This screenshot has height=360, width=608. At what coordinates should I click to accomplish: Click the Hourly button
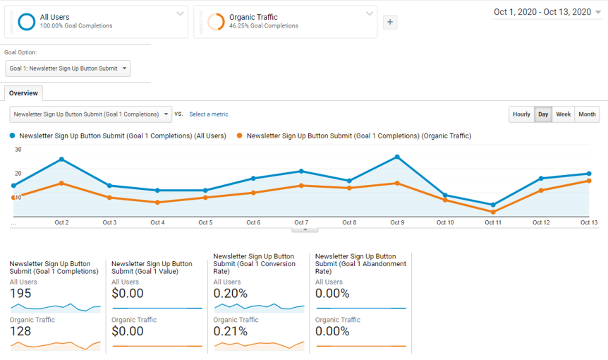[521, 114]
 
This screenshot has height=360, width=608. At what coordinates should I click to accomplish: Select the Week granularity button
[563, 114]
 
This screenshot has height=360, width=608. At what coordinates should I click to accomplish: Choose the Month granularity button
[587, 114]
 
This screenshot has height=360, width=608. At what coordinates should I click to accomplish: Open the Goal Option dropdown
[68, 68]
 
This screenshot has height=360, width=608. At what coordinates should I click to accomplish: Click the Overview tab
[23, 93]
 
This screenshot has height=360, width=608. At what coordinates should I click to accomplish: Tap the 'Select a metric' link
[208, 114]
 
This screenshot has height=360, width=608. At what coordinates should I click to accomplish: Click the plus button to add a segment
[390, 22]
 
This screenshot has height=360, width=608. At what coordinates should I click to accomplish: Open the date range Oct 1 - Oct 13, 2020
[547, 12]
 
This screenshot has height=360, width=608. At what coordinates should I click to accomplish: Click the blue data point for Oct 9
[397, 157]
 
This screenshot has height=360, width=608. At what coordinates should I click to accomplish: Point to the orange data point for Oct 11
[493, 212]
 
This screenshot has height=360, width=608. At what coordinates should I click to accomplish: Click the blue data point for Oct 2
[61, 160]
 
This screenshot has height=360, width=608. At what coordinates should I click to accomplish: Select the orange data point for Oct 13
[589, 181]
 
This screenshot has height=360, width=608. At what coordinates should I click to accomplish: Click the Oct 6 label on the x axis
[253, 223]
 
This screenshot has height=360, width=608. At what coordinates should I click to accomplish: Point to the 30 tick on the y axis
[18, 150]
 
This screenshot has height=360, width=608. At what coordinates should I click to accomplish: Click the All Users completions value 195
[20, 294]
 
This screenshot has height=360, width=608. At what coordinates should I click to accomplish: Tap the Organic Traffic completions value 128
[20, 332]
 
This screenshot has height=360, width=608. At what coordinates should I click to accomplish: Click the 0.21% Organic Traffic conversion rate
[231, 332]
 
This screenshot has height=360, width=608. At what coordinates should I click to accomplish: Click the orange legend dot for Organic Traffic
[241, 136]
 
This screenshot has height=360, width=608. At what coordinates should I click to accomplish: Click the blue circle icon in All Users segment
[27, 22]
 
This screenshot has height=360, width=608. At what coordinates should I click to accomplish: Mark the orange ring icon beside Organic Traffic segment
[216, 22]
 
